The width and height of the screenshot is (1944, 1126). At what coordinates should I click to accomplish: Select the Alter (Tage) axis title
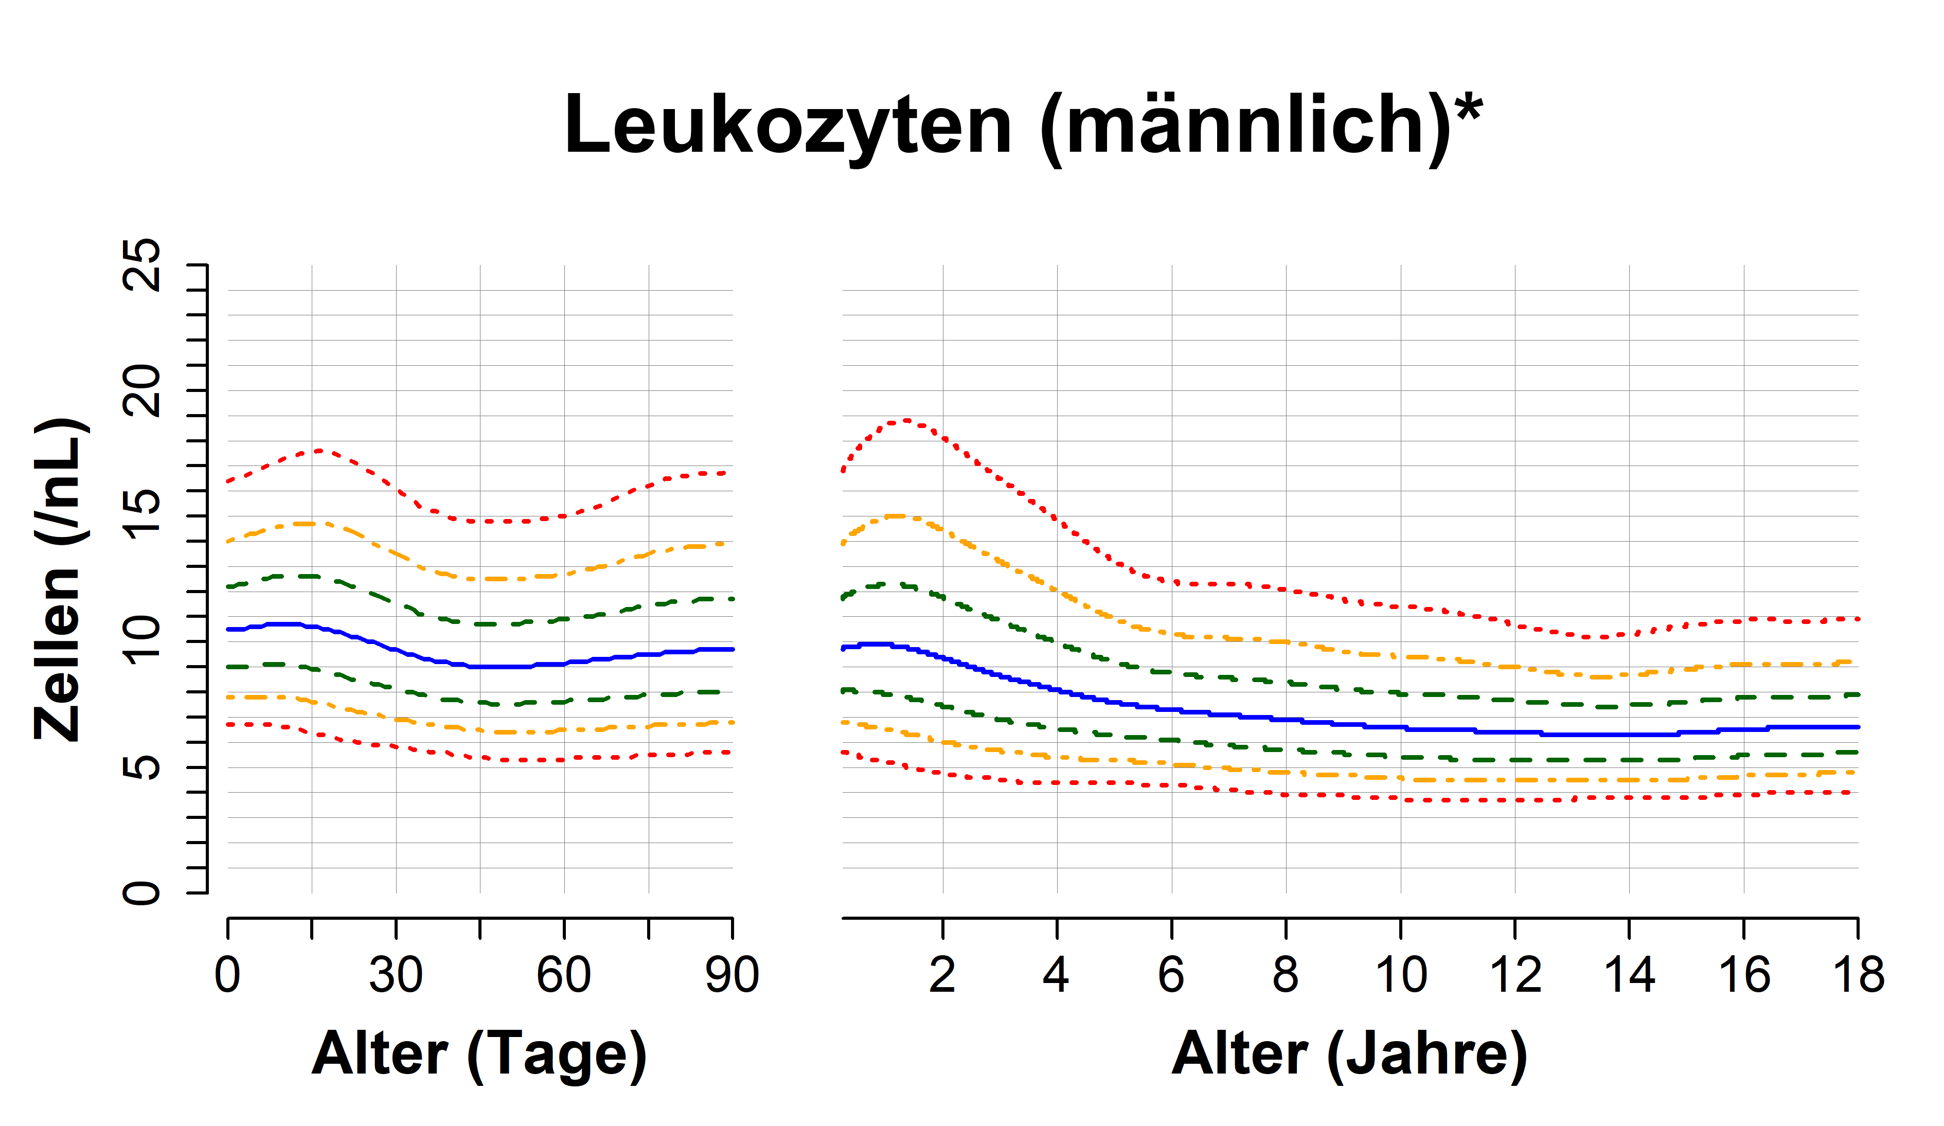pyautogui.click(x=479, y=1054)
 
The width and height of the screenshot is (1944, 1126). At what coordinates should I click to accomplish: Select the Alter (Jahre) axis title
pyautogui.click(x=1349, y=1054)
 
